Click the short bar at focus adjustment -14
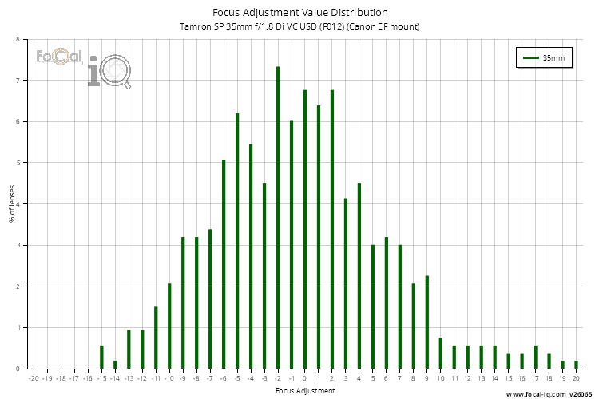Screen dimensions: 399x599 coord(115,365)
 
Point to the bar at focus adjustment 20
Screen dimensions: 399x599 coord(576,365)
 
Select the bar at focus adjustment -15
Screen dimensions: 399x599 coord(101,357)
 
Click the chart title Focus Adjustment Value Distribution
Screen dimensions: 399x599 coord(300,13)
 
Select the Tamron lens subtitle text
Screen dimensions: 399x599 coord(300,27)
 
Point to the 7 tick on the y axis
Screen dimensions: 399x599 coord(18,81)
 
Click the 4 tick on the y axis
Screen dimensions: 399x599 coord(18,203)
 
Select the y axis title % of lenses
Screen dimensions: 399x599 coord(11,203)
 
